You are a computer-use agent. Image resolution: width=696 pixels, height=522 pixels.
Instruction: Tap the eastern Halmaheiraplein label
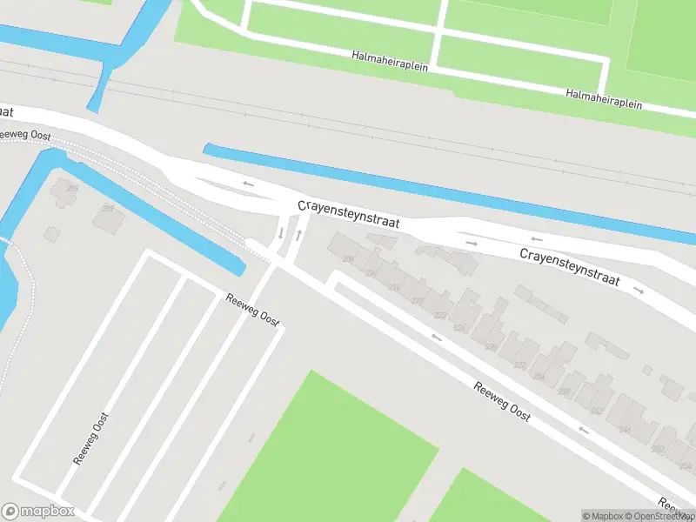604,98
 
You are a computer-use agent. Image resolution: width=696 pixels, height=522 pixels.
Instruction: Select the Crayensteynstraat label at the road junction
349,214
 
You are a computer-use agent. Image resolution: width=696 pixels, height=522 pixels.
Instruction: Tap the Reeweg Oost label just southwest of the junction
252,309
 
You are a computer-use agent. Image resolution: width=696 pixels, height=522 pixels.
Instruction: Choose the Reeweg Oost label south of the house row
502,401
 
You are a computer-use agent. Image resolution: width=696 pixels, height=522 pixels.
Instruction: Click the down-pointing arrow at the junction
281,233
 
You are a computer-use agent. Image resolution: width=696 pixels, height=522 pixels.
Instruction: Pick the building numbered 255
66,191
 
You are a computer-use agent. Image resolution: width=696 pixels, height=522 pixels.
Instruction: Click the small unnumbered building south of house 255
52,234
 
